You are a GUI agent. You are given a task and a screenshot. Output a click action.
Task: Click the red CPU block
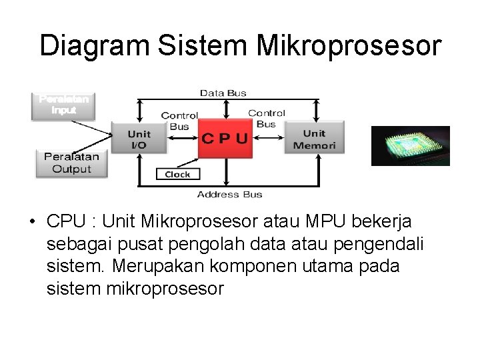click(225, 139)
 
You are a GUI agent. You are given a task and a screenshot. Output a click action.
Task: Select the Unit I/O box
click(139, 139)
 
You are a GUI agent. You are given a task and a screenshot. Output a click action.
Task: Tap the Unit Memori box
click(314, 139)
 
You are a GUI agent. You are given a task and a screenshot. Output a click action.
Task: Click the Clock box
click(177, 174)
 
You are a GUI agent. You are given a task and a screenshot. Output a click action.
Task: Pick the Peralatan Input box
click(63, 105)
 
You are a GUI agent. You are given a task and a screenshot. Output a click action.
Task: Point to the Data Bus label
click(223, 93)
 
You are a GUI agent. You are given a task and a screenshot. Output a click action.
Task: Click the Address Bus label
click(229, 195)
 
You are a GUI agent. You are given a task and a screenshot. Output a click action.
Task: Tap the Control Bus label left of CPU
click(179, 121)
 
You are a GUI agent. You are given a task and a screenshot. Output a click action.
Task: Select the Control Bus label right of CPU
click(266, 119)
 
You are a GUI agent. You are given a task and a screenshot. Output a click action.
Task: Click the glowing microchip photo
click(410, 145)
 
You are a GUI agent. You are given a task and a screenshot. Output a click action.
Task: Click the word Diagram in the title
click(94, 46)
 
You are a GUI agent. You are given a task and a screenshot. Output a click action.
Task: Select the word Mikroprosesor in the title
click(349, 46)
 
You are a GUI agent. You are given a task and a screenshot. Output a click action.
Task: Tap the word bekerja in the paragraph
click(387, 221)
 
